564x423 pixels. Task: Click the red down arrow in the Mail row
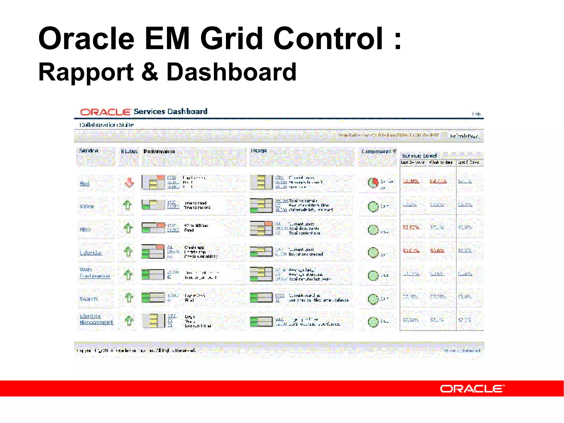(129, 182)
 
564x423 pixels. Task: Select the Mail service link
(85, 184)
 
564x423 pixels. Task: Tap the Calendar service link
(91, 253)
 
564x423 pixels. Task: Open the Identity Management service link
(96, 319)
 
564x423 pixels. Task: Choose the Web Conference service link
(94, 273)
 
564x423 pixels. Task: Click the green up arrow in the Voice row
(127, 205)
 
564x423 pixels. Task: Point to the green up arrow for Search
(129, 298)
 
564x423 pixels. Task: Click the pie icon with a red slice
(373, 182)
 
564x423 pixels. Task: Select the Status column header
(129, 151)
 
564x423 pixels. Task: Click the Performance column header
(159, 151)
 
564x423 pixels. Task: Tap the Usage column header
(259, 151)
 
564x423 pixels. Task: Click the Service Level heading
(419, 156)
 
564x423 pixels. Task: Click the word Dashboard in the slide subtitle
(231, 72)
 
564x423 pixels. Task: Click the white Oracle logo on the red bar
(472, 389)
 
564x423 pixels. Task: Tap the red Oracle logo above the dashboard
(105, 112)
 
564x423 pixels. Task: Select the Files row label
(85, 229)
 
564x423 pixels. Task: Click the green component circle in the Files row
(373, 229)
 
